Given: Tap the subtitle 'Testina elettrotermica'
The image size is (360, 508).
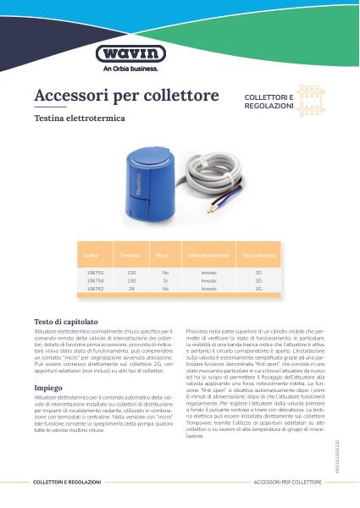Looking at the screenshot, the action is pyautogui.click(x=80, y=119).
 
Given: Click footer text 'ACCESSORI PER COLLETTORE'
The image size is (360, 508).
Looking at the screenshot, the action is pyautogui.click(x=288, y=481).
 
